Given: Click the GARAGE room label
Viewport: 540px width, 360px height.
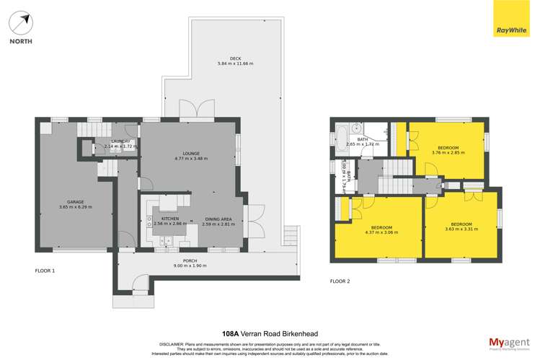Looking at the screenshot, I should pos(76,201).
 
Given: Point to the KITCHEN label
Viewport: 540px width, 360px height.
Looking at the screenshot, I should pos(170,218).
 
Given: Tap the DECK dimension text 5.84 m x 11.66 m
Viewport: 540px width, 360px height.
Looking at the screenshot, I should pos(235,64).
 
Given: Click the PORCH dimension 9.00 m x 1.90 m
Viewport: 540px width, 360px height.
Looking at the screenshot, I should pos(190,265).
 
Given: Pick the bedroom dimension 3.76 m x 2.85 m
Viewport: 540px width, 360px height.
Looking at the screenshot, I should pos(444,152).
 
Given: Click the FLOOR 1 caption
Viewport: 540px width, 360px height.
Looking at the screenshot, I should pos(45,271).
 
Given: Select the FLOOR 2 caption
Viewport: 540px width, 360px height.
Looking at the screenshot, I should pos(340,281).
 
